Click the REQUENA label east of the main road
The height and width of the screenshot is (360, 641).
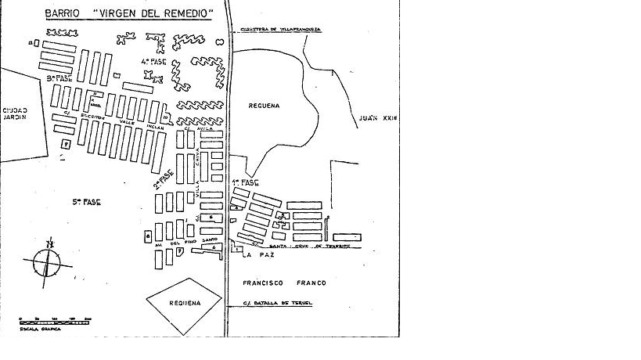tap(265, 105)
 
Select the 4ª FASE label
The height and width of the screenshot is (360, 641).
tap(149, 60)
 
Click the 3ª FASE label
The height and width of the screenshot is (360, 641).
tap(59, 78)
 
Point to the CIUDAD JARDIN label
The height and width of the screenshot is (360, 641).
tap(14, 113)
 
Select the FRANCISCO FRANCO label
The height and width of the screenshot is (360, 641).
tap(284, 283)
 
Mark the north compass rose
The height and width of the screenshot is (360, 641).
tap(48, 259)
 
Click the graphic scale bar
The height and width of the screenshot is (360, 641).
tap(55, 320)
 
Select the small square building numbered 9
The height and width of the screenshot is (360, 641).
tap(67, 144)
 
